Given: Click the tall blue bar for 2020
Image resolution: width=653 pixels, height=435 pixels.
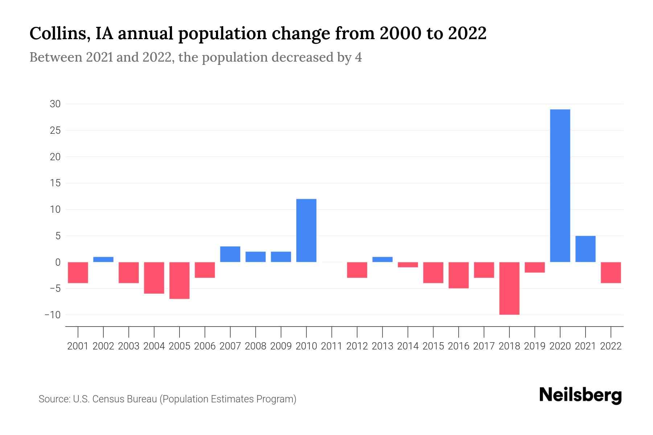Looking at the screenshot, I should click(x=560, y=186).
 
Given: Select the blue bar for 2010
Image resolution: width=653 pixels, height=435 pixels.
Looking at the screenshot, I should click(x=306, y=231).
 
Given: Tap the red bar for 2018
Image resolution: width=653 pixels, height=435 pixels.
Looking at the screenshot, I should click(x=509, y=288).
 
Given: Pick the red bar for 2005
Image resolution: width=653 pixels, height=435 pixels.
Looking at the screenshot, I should click(x=180, y=280).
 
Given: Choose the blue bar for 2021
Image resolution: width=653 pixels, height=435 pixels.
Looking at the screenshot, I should click(x=586, y=249).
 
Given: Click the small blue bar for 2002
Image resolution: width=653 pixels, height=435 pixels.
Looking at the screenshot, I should click(x=103, y=260).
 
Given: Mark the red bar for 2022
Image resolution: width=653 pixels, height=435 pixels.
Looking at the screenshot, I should click(x=611, y=273).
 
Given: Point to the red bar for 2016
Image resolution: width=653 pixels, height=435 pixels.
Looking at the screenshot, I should click(x=459, y=275).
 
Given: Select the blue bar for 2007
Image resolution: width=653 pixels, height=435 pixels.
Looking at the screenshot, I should click(x=230, y=254).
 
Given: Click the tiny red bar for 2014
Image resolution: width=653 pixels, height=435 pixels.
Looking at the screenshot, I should click(x=408, y=265).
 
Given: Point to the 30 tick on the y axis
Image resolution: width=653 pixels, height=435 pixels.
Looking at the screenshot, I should click(x=55, y=104).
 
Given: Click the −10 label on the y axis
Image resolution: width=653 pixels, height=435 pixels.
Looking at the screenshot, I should click(x=53, y=315).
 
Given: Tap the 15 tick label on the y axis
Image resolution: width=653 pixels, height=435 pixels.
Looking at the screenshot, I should click(x=55, y=183).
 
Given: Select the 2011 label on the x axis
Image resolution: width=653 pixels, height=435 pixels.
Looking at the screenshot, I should click(x=332, y=346).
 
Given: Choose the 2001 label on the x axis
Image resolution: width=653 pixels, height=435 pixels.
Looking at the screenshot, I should click(x=78, y=346).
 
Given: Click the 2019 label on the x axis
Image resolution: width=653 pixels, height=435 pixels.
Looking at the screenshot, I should click(x=535, y=346).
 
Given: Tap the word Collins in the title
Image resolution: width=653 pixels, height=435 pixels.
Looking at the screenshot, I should click(x=59, y=34).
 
